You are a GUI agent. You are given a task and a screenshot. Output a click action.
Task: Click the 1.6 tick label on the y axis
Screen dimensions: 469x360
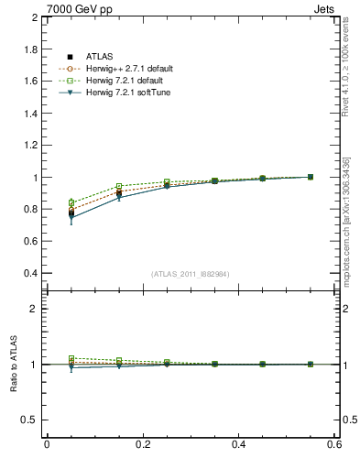click(x=27, y=82)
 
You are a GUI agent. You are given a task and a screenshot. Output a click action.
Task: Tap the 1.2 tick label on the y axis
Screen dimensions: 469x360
click(x=27, y=146)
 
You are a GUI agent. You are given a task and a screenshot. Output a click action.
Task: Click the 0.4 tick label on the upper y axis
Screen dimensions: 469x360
click(x=27, y=274)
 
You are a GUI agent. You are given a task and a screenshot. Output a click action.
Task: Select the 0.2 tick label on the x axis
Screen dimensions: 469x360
click(x=143, y=444)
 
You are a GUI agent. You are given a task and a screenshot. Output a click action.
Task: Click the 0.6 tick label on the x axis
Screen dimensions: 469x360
click(x=334, y=444)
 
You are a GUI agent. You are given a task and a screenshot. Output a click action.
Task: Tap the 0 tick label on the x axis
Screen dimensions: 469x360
click(x=47, y=444)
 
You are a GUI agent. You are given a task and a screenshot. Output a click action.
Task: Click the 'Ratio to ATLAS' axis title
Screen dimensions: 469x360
click(x=14, y=365)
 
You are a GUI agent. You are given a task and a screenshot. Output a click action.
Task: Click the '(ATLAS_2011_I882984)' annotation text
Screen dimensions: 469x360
click(x=191, y=274)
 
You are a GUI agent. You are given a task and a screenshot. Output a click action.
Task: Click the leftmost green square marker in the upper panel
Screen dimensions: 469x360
click(x=71, y=202)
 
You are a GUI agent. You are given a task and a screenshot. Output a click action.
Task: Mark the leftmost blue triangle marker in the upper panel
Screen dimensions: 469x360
click(x=71, y=218)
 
